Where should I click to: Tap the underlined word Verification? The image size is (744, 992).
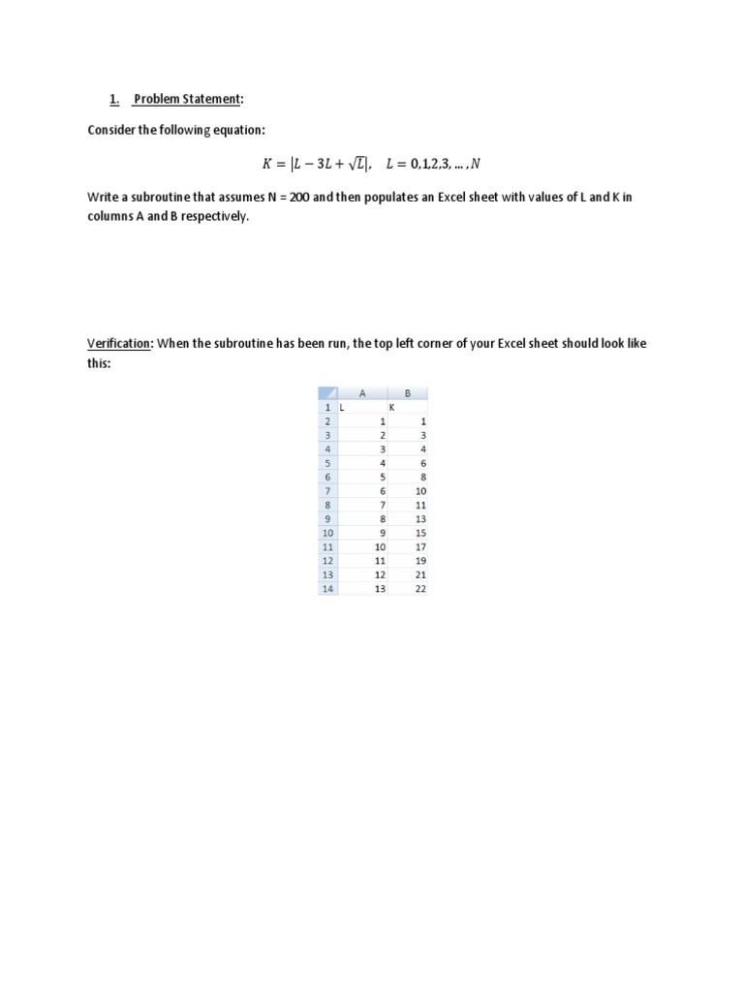pyautogui.click(x=119, y=343)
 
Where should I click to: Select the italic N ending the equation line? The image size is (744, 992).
pyautogui.click(x=475, y=163)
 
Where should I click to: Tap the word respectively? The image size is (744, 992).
pyautogui.click(x=211, y=216)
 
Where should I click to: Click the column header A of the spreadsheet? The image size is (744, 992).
pyautogui.click(x=361, y=393)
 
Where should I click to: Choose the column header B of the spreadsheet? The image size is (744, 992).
pyautogui.click(x=407, y=393)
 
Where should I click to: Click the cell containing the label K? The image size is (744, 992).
pyautogui.click(x=391, y=408)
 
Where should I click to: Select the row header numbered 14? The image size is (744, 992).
pyautogui.click(x=327, y=588)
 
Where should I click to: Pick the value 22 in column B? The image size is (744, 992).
pyautogui.click(x=420, y=588)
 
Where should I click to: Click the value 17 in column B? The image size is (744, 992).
pyautogui.click(x=420, y=546)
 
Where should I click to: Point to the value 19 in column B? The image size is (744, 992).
pyautogui.click(x=420, y=560)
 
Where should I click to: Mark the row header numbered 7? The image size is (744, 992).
pyautogui.click(x=327, y=491)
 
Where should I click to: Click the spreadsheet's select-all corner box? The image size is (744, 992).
pyautogui.click(x=327, y=393)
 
